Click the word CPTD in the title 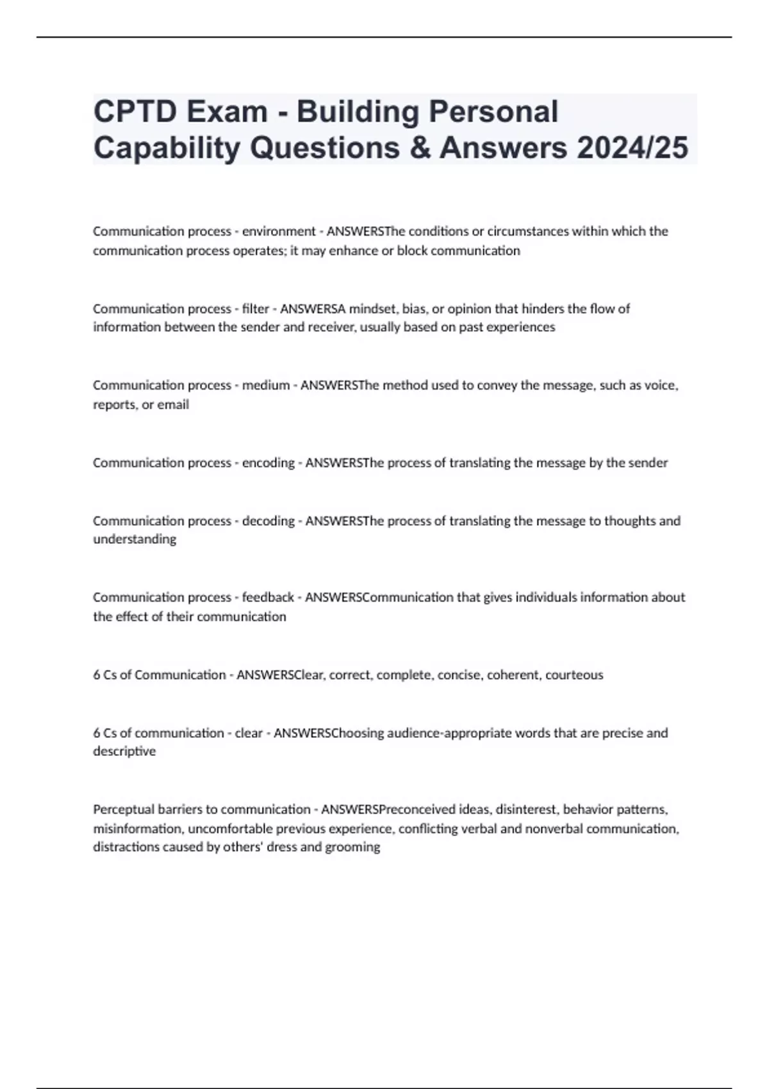(x=135, y=111)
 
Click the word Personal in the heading (x=493, y=111)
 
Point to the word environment (x=279, y=231)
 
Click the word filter (x=255, y=309)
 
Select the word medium (x=265, y=386)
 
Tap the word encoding (x=268, y=463)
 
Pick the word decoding (x=268, y=521)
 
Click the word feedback (x=268, y=598)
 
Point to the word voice (x=660, y=386)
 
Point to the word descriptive (x=124, y=751)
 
